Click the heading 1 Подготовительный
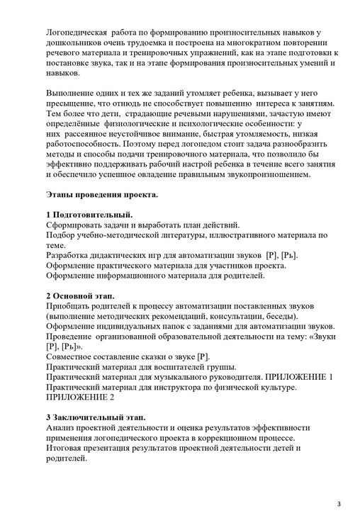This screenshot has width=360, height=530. [89, 214]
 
